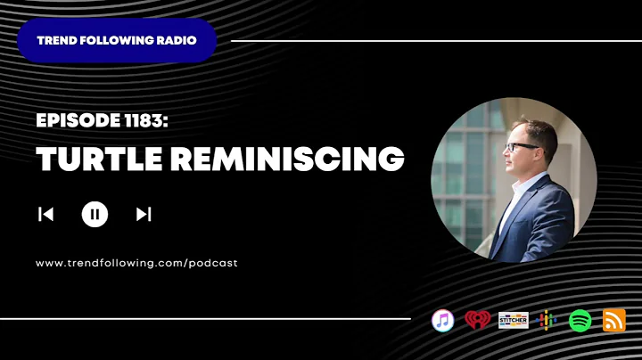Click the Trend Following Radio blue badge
[116, 40]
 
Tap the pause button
[95, 214]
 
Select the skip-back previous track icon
[45, 214]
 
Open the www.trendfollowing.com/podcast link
[136, 263]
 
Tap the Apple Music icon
[443, 320]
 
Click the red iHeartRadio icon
[478, 320]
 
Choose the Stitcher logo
[513, 320]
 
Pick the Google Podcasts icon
[547, 320]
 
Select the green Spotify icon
[580, 320]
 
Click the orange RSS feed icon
[614, 320]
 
